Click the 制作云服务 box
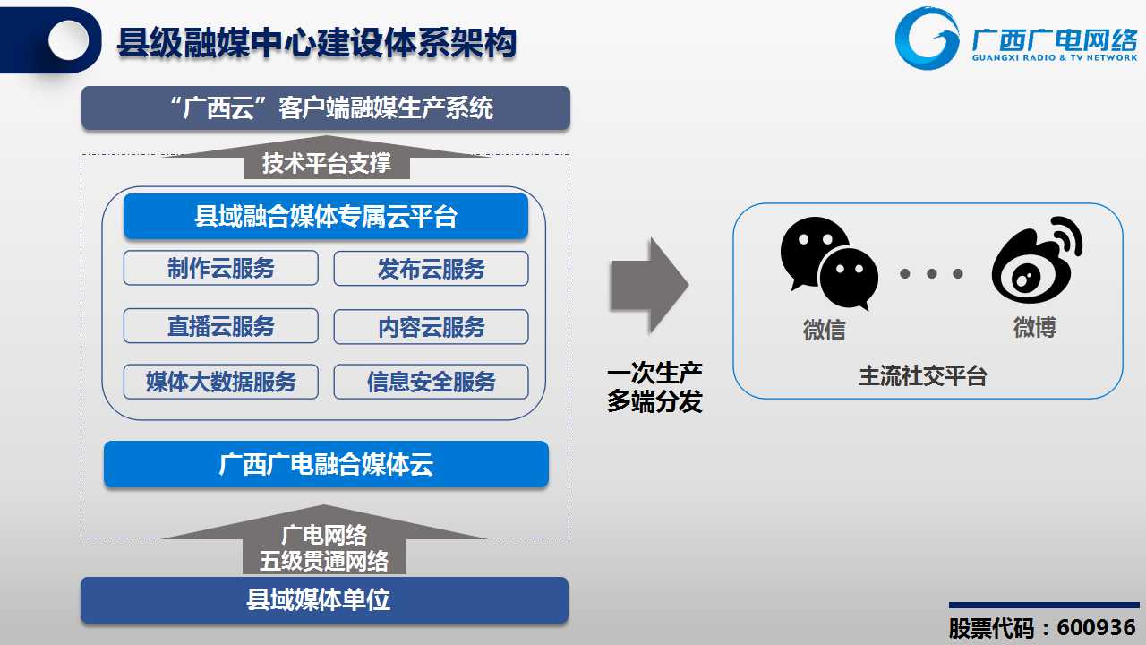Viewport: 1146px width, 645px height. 220,268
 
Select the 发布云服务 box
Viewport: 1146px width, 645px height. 431,268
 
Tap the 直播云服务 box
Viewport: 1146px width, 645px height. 220,325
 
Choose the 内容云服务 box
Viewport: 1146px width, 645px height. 431,327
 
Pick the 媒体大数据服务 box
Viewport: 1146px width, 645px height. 220,382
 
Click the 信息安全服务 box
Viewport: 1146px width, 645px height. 431,382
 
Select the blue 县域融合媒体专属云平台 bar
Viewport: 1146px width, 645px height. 326,216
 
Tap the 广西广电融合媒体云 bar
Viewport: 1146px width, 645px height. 326,464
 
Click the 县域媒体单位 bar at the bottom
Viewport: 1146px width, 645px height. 324,600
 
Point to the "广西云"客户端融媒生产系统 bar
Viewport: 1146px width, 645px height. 326,108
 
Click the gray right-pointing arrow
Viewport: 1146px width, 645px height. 650,285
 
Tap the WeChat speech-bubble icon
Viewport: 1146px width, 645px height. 829,263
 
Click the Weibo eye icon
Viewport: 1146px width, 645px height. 1037,260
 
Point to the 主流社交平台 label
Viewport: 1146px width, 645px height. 922,376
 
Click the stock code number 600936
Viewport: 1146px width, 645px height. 1097,628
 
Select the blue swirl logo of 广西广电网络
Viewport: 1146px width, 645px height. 926,39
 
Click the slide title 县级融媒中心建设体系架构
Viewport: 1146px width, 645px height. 317,42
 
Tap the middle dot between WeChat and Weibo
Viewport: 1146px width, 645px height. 932,274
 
